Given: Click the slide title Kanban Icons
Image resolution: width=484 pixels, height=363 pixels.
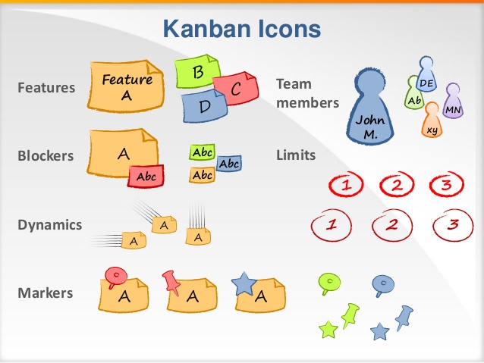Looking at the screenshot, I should click(241, 30).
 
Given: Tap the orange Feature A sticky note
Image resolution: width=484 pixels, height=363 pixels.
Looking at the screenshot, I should click(126, 86).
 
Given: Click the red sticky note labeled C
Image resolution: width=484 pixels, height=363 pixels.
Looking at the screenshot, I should click(237, 90).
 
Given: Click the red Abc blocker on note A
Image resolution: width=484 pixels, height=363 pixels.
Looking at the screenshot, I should click(146, 177).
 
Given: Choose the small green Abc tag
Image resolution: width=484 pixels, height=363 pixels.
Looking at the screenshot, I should click(203, 152).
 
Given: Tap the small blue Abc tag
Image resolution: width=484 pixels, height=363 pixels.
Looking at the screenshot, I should click(228, 163).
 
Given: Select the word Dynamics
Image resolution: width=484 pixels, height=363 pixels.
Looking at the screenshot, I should click(49, 225).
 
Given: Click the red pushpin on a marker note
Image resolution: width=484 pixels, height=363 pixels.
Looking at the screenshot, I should click(171, 281).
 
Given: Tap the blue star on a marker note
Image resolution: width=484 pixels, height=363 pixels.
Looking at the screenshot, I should click(244, 283).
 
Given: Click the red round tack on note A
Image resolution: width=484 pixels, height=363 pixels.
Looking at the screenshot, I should click(115, 276).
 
